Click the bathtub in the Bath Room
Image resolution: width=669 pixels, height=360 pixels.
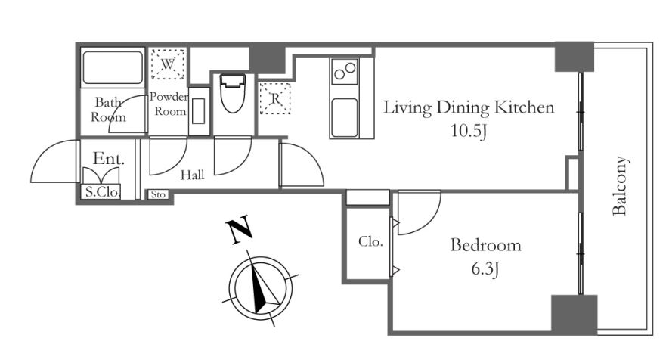(113, 67)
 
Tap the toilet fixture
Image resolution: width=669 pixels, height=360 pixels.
(233, 94)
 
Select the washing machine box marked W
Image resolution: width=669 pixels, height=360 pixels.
(168, 64)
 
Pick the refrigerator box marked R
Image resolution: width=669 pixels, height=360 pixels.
(275, 98)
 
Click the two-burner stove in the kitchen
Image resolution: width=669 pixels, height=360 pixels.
(345, 71)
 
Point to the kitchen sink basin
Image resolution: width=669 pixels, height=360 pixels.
(344, 118)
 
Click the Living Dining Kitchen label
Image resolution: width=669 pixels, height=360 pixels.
(469, 107)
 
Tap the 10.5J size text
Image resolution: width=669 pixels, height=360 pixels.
(469, 131)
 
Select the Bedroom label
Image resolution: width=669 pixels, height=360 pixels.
(485, 245)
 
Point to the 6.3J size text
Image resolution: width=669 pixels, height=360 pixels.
(485, 269)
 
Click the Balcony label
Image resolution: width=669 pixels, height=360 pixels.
(619, 185)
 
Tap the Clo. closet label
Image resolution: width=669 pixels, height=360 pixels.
(370, 242)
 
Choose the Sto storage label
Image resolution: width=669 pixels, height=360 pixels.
(158, 194)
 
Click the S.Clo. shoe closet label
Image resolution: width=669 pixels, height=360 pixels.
(103, 192)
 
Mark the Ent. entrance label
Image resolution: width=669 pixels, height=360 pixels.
(109, 159)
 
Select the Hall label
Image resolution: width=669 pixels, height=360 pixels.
(193, 175)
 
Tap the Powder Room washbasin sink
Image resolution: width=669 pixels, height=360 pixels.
(199, 111)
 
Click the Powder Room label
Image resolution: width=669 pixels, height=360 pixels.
(169, 104)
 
